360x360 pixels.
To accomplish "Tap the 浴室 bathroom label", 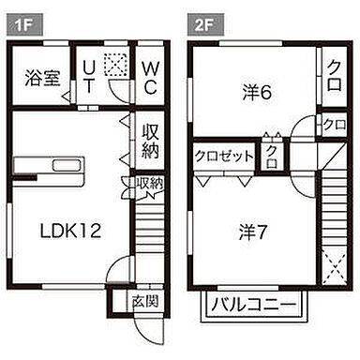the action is click(39, 78).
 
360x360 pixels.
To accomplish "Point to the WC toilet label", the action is click(150, 77).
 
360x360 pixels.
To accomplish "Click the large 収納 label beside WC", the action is click(150, 140).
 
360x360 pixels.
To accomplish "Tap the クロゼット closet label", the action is click(224, 156).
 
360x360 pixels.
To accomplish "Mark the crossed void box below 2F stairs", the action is click(334, 269).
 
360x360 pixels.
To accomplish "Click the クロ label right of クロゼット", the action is click(272, 154).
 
